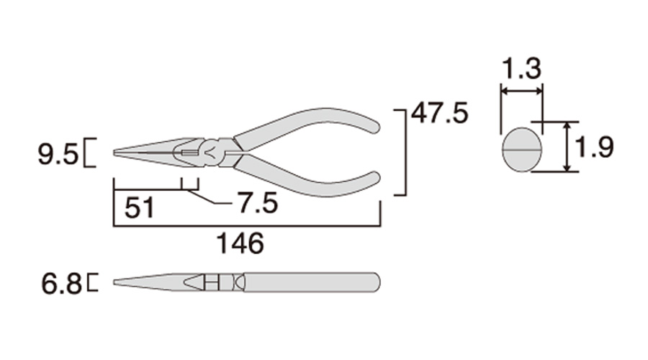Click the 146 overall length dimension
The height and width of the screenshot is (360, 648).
tap(240, 243)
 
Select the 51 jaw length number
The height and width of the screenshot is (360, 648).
tap(139, 207)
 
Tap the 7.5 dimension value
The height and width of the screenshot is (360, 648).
tap(258, 203)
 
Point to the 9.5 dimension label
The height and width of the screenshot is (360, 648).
tap(58, 155)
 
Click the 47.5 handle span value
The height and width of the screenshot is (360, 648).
tap(440, 113)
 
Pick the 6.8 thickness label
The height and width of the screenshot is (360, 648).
tap(61, 284)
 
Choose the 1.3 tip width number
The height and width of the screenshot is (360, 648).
tap(521, 68)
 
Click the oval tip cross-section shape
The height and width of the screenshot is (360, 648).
tap(522, 149)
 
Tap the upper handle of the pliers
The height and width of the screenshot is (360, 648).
tap(306, 124)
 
